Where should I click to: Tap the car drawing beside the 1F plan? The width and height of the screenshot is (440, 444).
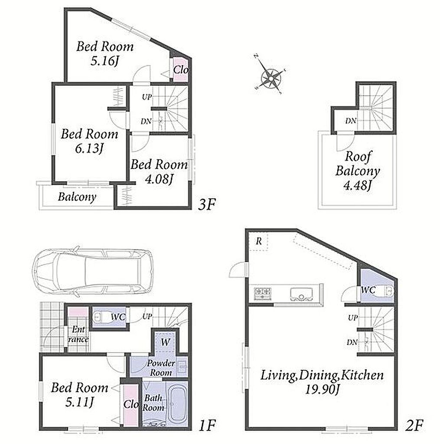(x=93, y=272)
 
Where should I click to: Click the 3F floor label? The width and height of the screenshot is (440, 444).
(x=207, y=205)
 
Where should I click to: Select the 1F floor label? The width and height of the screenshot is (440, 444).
(x=207, y=425)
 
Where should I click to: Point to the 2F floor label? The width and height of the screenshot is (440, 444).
(x=414, y=425)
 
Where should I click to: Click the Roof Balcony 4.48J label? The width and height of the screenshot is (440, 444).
(x=357, y=171)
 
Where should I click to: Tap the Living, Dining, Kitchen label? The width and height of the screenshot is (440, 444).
(x=322, y=375)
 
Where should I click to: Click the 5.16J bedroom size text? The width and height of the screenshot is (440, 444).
(x=104, y=61)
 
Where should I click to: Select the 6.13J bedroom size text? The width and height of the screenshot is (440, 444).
(x=89, y=148)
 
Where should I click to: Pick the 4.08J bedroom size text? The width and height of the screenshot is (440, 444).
(x=159, y=179)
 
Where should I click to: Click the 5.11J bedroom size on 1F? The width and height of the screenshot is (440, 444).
(x=79, y=402)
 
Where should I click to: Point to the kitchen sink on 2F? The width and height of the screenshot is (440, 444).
(x=301, y=294)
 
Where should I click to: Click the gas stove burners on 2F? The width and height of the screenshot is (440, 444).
(x=263, y=294)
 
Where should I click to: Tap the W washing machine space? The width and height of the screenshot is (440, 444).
(x=165, y=341)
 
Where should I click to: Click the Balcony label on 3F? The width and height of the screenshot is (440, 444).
(x=77, y=197)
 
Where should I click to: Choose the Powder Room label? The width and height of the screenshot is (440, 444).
(x=161, y=368)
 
